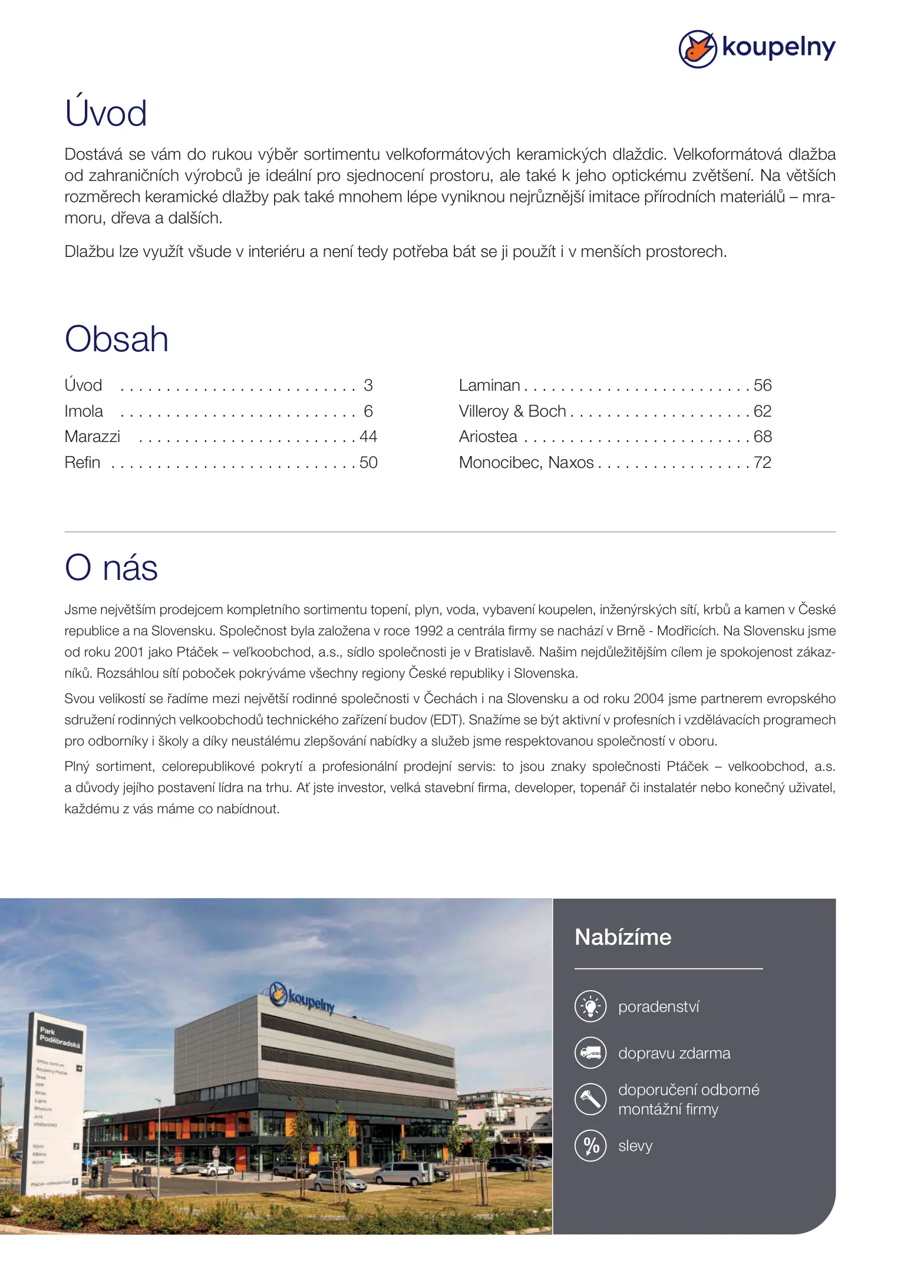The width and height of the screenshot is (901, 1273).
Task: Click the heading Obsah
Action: pyautogui.click(x=117, y=339)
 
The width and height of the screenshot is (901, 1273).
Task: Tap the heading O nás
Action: pyautogui.click(x=111, y=568)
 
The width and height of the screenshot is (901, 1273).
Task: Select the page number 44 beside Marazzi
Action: pyautogui.click(x=368, y=437)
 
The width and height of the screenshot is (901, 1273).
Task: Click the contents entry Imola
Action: pyautogui.click(x=84, y=411)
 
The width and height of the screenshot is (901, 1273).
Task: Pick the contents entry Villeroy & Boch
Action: pyautogui.click(x=512, y=411)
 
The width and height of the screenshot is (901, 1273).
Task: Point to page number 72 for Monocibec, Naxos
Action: pyautogui.click(x=763, y=463)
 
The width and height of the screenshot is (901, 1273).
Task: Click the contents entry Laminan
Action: pyautogui.click(x=489, y=385)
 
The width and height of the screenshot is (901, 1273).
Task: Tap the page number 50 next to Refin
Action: pyautogui.click(x=368, y=463)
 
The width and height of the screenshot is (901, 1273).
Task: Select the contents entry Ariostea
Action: pyautogui.click(x=488, y=437)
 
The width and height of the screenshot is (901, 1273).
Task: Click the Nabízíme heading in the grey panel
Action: pyautogui.click(x=623, y=938)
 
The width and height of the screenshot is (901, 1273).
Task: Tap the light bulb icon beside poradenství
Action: pyautogui.click(x=590, y=1007)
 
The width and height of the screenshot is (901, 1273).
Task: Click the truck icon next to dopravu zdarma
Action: pyautogui.click(x=590, y=1053)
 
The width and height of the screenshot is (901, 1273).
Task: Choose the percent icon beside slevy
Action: pyautogui.click(x=590, y=1146)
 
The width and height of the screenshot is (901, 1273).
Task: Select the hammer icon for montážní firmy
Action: pyautogui.click(x=590, y=1099)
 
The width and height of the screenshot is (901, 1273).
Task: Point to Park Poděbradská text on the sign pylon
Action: pyautogui.click(x=59, y=1036)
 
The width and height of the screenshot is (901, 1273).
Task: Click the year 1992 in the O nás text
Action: pyautogui.click(x=428, y=631)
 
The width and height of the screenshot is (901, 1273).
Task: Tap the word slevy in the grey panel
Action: pyautogui.click(x=635, y=1146)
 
